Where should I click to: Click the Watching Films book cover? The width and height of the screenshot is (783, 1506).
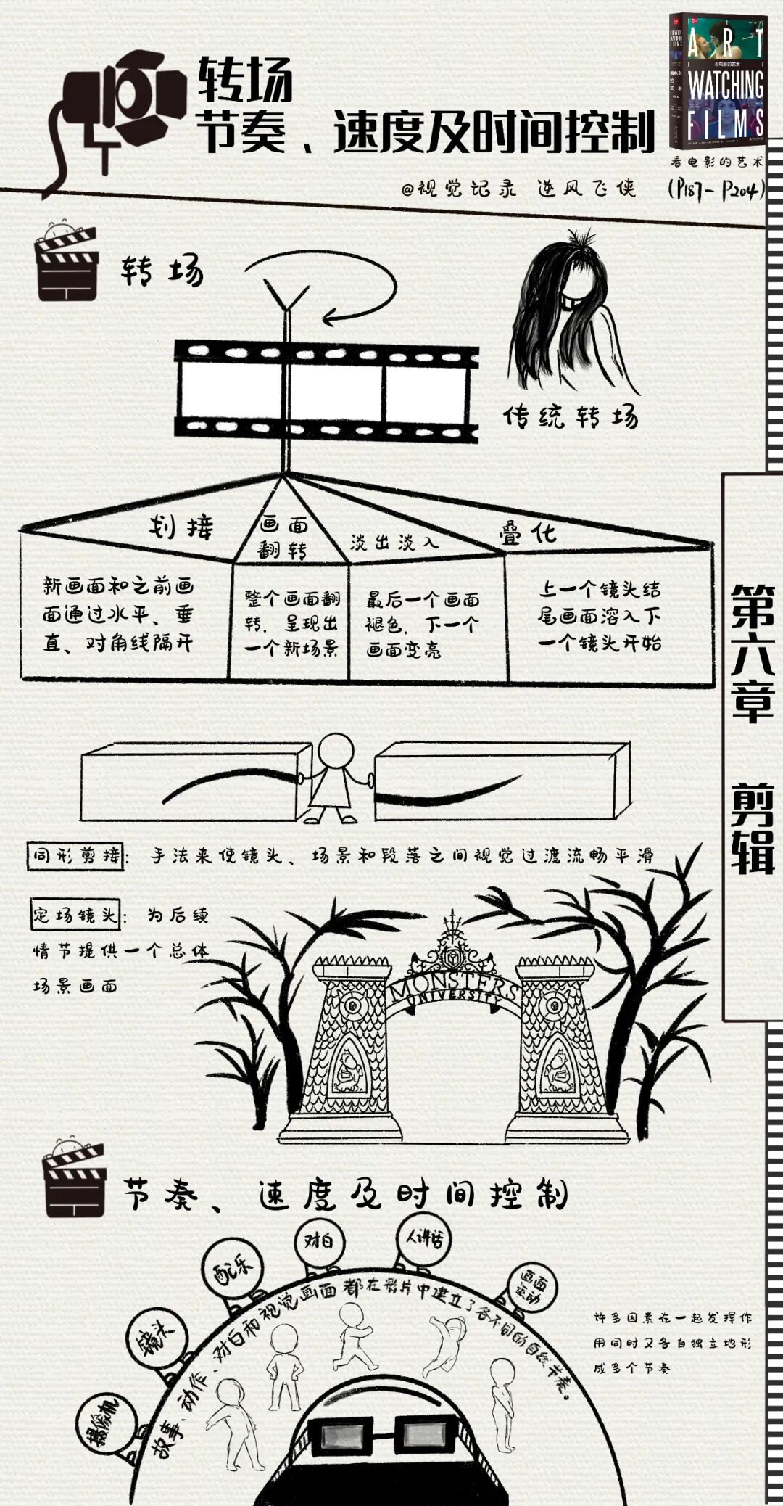pyautogui.click(x=716, y=80)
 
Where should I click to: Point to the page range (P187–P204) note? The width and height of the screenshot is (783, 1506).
pyautogui.click(x=715, y=191)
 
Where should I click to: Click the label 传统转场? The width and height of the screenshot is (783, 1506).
pyautogui.click(x=571, y=416)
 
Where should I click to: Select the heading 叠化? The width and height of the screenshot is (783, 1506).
pyautogui.click(x=527, y=533)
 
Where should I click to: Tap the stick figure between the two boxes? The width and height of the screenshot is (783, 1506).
pyautogui.click(x=335, y=778)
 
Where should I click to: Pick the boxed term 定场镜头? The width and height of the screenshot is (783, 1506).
pyautogui.click(x=75, y=915)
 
